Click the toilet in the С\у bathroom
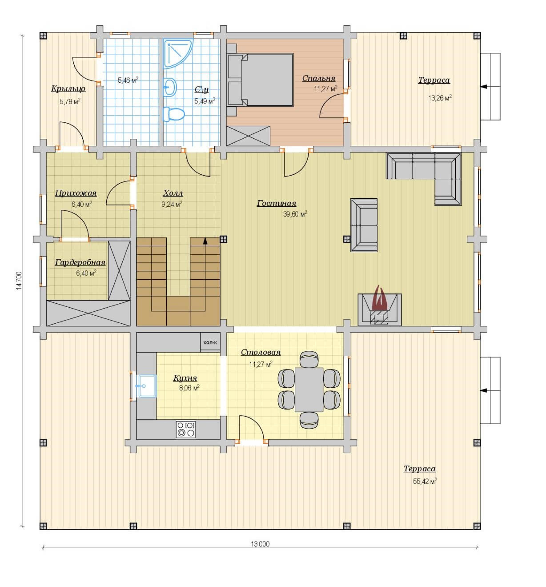coord(174,114)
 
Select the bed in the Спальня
coord(260,80)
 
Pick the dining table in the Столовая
coord(309,390)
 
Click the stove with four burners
coord(186,429)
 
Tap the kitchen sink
coord(147,386)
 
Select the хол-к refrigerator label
coord(210,343)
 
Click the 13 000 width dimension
coord(260,544)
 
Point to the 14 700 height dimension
coord(19,281)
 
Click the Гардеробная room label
coord(80,263)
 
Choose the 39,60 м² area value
coord(295,214)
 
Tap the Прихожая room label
coord(76,193)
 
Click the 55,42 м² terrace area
coord(425,481)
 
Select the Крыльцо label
coord(68,89)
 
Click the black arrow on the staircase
coord(205,241)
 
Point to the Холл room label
coord(173,193)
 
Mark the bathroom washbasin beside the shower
coord(170,87)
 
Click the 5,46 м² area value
coord(128,80)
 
